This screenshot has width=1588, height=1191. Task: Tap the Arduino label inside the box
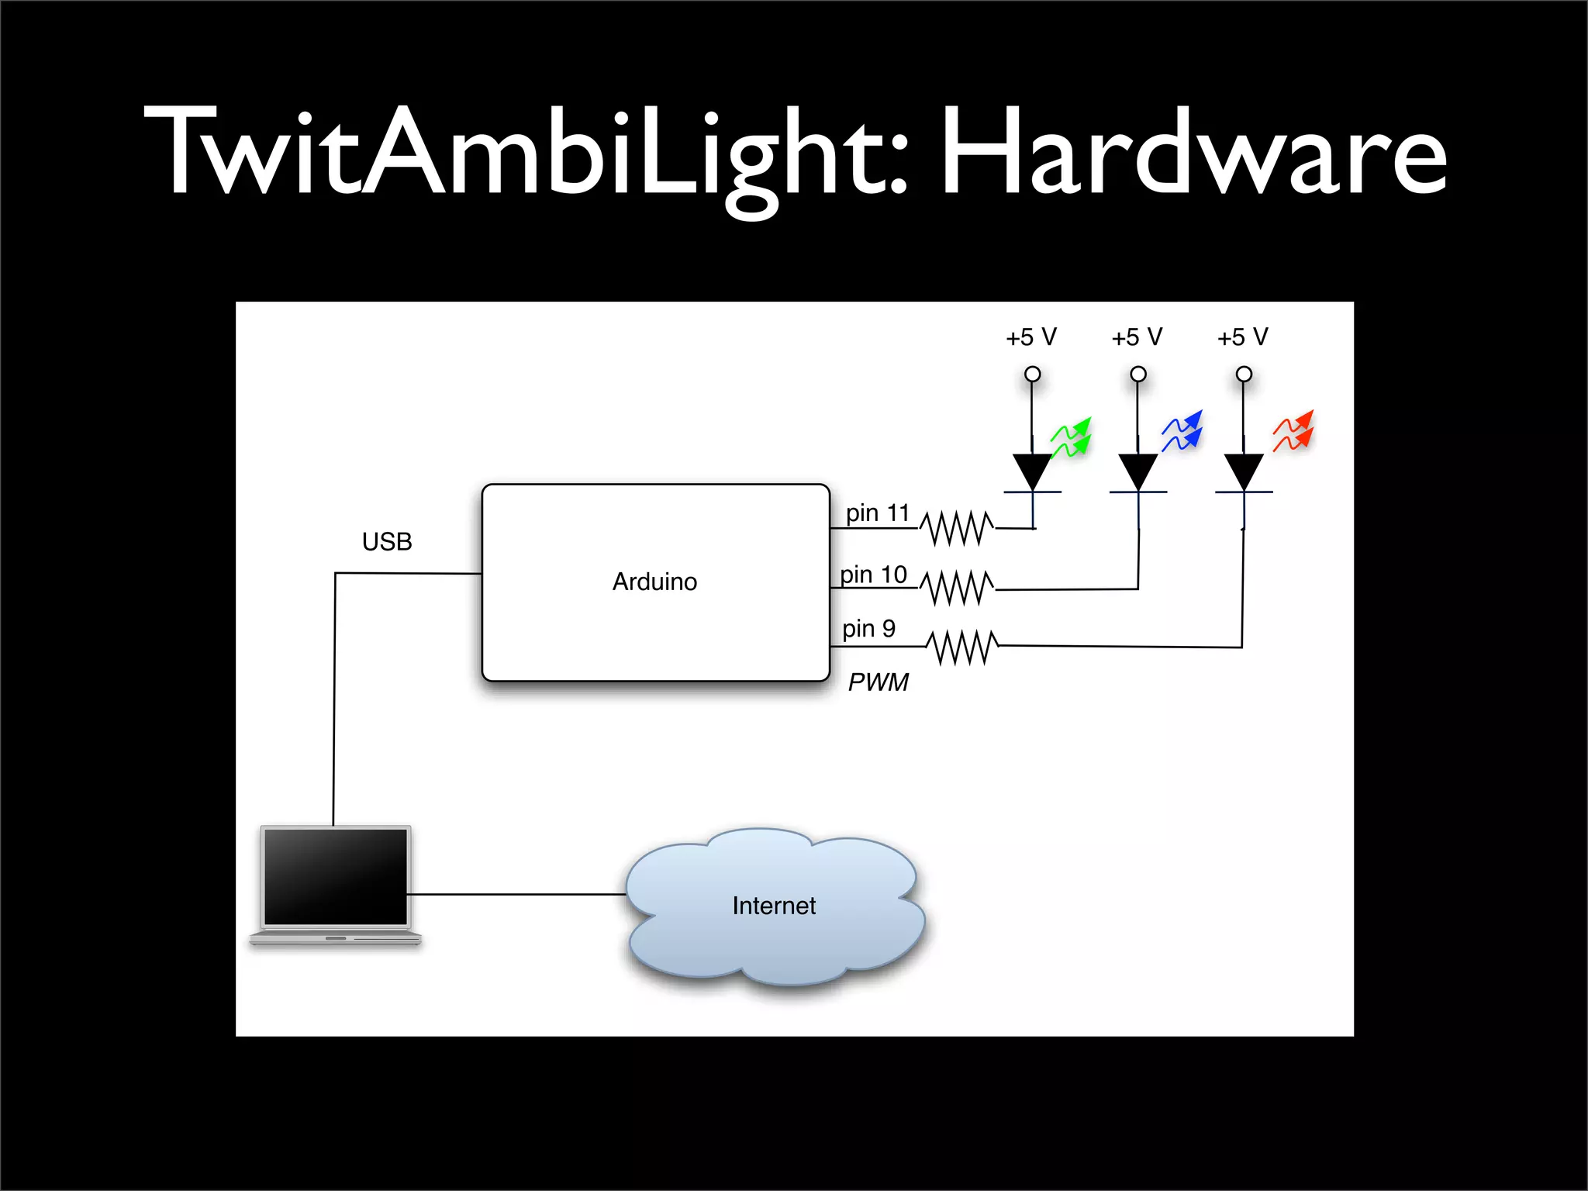654,582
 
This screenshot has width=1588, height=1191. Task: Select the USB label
387,541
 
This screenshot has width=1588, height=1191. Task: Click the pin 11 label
877,513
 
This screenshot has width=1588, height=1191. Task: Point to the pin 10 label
873,575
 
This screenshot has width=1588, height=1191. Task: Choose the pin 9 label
868,628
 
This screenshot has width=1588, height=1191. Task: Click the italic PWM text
877,682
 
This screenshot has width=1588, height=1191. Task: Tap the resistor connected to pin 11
957,528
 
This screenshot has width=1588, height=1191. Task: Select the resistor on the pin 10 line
957,588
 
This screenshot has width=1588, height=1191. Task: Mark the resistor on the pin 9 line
961,647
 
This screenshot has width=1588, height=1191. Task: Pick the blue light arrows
1182,431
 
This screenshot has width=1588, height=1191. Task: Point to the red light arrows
1293,431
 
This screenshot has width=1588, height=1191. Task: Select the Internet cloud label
774,906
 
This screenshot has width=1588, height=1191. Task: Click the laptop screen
336,876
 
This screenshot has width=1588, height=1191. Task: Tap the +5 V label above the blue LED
1137,337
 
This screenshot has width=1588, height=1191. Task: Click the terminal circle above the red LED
1244,375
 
